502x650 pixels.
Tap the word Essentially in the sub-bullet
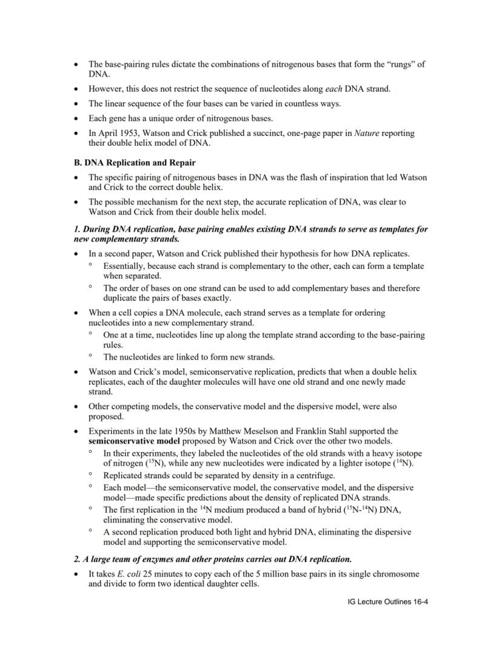click(126, 266)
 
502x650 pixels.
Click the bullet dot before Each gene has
click(75, 118)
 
